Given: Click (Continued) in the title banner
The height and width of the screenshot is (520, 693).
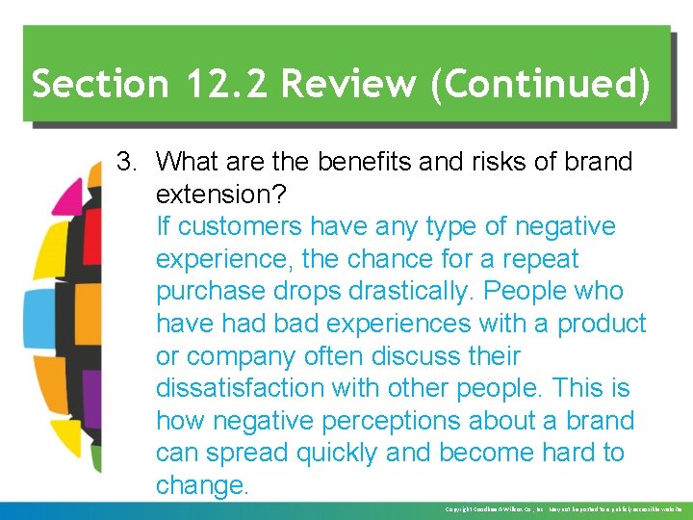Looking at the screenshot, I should tap(541, 85).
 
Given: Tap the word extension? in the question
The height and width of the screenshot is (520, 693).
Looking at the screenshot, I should tap(220, 195).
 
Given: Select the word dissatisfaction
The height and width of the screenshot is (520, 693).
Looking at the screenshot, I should tap(250, 389).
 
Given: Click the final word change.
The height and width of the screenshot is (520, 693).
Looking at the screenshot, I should tap(202, 485).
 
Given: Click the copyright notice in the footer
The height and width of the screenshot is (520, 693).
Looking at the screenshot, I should tap(563, 508).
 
